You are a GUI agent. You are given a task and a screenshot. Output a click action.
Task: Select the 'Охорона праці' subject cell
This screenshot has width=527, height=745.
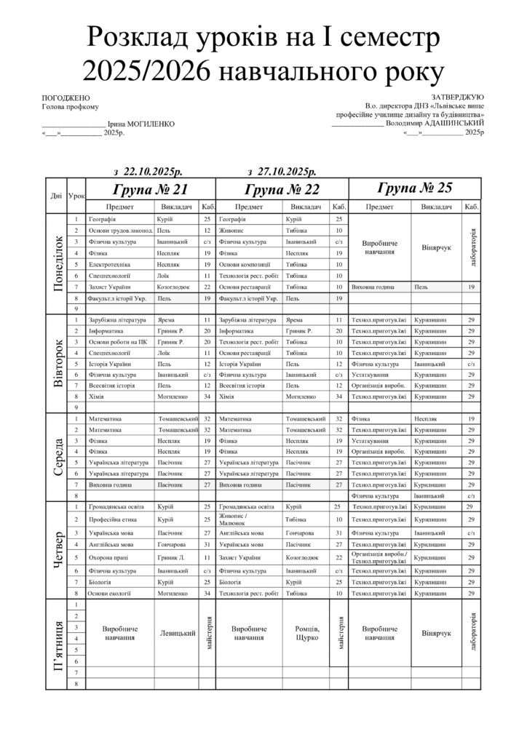point(106,557)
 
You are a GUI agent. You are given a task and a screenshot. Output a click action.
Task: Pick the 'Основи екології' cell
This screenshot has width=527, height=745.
point(110,594)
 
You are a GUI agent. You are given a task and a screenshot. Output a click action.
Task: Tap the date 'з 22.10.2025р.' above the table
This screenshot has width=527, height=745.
point(149,172)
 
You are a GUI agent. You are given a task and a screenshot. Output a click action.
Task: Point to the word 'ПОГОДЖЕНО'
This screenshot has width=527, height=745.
point(66,97)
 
